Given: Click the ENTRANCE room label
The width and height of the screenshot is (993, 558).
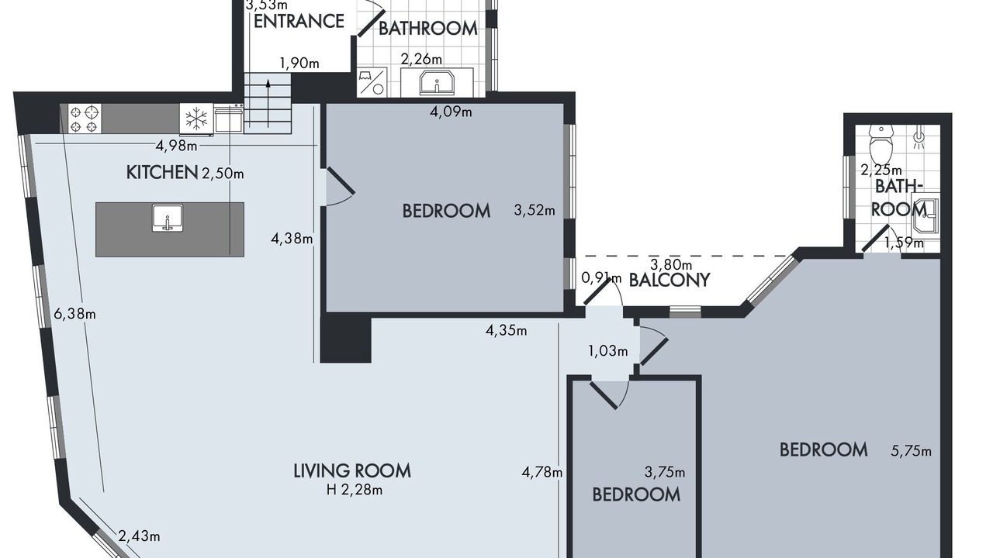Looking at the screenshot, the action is [299, 21].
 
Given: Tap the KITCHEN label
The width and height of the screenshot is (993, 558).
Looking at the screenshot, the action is [162, 172].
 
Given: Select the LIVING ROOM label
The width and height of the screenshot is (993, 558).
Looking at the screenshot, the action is [352, 470].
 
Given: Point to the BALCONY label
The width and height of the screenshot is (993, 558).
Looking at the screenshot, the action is [669, 280].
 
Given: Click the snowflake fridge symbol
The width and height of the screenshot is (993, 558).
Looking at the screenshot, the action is [196, 119].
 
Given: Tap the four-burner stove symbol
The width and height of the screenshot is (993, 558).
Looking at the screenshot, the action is [85, 119].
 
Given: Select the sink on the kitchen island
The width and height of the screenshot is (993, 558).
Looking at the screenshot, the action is [167, 218].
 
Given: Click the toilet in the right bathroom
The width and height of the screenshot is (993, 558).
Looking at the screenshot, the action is [881, 143].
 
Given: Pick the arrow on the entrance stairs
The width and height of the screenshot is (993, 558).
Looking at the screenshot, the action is [268, 103].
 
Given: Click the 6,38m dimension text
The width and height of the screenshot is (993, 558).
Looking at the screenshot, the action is [74, 314].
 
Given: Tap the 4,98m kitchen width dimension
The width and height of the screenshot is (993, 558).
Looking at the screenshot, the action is [176, 146].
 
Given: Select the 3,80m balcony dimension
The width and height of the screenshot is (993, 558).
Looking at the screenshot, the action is [671, 265].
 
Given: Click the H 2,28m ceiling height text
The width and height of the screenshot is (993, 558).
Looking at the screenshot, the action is [355, 490].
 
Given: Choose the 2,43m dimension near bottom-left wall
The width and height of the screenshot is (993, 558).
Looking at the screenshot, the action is [139, 536].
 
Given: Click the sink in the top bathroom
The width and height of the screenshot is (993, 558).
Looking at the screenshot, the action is [437, 82].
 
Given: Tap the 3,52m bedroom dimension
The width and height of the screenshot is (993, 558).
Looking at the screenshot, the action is [535, 210].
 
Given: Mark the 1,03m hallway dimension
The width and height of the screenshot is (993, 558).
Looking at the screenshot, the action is [607, 351].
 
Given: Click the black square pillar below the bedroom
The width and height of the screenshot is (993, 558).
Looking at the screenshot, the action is [346, 340].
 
